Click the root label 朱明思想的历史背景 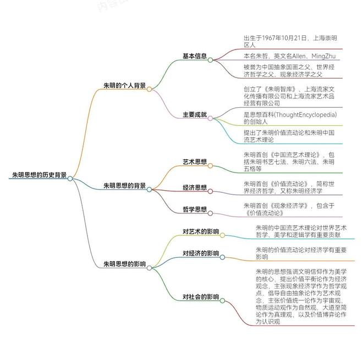click(40, 175)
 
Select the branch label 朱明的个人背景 click(124, 86)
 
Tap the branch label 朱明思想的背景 click(124, 186)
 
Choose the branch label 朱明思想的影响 click(124, 264)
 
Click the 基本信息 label click(195, 56)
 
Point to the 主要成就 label click(195, 115)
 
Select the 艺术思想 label click(195, 162)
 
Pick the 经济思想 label click(195, 187)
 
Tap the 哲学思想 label click(195, 209)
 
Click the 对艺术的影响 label click(201, 231)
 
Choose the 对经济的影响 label click(201, 253)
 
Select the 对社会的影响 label click(201, 297)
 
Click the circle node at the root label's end click(70, 179)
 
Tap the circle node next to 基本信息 click(210, 60)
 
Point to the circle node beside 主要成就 click(210, 119)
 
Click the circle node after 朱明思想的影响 click(149, 268)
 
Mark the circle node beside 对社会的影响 click(223, 301)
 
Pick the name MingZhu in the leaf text click(323, 56)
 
